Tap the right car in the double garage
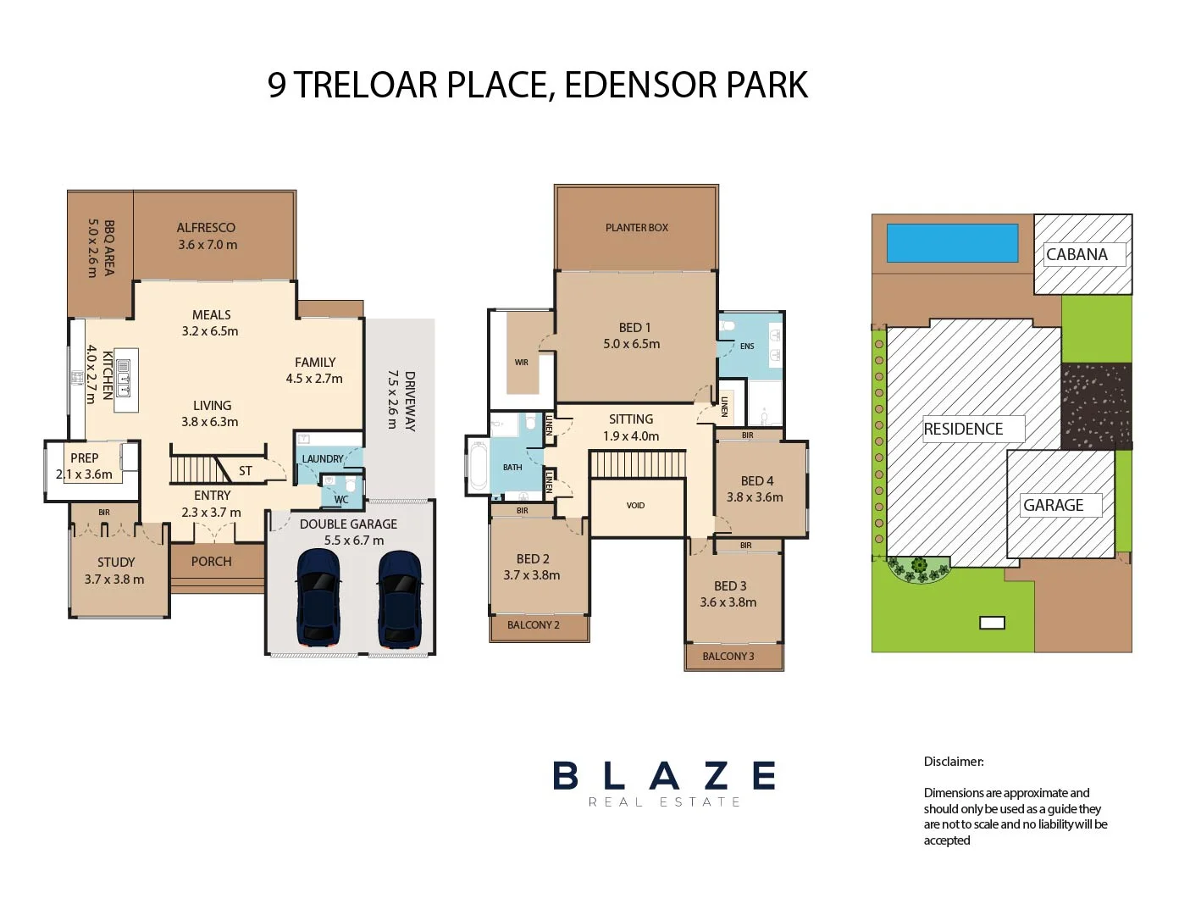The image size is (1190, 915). click(399, 597)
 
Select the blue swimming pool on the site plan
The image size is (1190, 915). click(952, 243)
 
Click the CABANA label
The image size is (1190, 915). click(1077, 254)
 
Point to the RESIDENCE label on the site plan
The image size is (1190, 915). click(963, 429)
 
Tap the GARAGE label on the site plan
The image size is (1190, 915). click(1053, 505)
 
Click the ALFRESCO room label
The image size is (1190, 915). click(206, 227)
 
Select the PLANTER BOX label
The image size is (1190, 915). click(636, 227)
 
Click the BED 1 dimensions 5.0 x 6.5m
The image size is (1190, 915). click(631, 344)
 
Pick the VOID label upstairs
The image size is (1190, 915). click(635, 505)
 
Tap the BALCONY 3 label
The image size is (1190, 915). click(728, 656)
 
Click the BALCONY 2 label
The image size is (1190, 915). click(533, 624)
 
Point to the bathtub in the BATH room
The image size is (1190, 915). click(479, 466)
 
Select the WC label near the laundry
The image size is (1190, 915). click(340, 499)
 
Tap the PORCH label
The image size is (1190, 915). click(211, 561)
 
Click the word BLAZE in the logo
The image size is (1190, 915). click(664, 775)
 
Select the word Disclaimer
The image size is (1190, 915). click(953, 761)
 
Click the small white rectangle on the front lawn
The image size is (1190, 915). click(991, 623)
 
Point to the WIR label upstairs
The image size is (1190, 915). click(521, 362)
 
